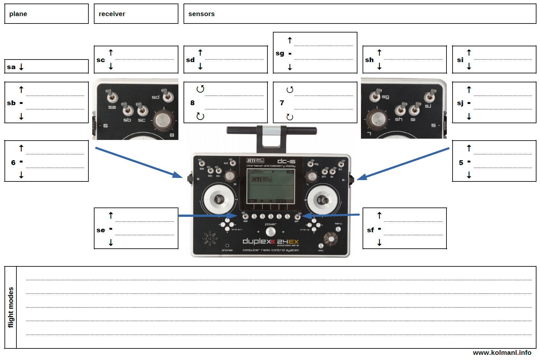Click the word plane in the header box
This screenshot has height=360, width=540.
tap(18, 14)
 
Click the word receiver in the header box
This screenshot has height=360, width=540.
tap(112, 14)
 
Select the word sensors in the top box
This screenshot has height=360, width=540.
tap(201, 14)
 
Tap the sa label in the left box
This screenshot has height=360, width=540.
tap(11, 67)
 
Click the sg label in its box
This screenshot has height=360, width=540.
tap(280, 53)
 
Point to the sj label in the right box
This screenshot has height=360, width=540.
tap(460, 103)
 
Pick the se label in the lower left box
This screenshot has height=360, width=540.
tap(101, 230)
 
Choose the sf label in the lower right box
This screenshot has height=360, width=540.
tap(370, 230)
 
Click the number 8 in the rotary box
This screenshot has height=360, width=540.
tap(192, 103)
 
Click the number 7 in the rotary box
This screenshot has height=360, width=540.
tap(282, 103)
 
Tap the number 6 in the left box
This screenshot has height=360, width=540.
tap(13, 162)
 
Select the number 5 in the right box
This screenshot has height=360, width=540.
tap(461, 162)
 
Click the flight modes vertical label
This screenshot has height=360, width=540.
tap(11, 307)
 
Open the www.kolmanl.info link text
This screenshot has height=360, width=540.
tap(502, 353)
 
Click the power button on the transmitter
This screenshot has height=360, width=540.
tap(271, 231)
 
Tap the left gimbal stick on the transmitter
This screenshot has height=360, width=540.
tap(219, 199)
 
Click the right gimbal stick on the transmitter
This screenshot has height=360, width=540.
tap(323, 200)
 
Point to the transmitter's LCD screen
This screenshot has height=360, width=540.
tap(271, 186)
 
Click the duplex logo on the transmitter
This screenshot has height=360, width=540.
tap(259, 241)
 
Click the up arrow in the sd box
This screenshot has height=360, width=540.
tap(200, 52)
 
